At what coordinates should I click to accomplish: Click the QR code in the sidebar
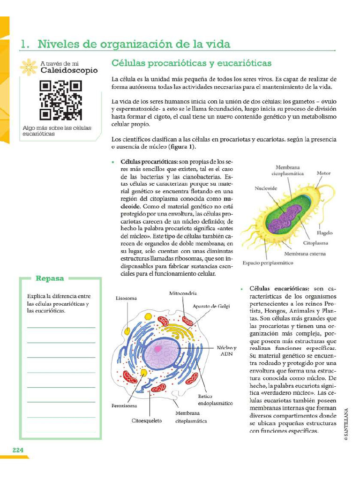tap(61, 100)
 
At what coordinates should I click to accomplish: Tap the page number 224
tap(18, 450)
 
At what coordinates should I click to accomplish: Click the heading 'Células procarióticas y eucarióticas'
tap(191, 63)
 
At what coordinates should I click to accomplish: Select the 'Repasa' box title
tap(50, 278)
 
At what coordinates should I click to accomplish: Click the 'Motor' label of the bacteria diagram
tap(323, 173)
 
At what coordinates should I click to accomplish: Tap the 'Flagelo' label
tap(324, 232)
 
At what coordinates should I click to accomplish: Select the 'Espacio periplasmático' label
tap(268, 263)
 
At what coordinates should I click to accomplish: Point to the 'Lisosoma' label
tap(127, 298)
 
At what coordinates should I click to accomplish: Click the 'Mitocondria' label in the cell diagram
tap(183, 293)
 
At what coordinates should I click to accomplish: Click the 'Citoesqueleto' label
tap(146, 420)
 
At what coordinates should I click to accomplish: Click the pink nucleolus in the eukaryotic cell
tap(158, 348)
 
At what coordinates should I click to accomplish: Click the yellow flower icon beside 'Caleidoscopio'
tap(30, 67)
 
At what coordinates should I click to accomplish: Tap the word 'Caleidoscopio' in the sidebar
tap(69, 71)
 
